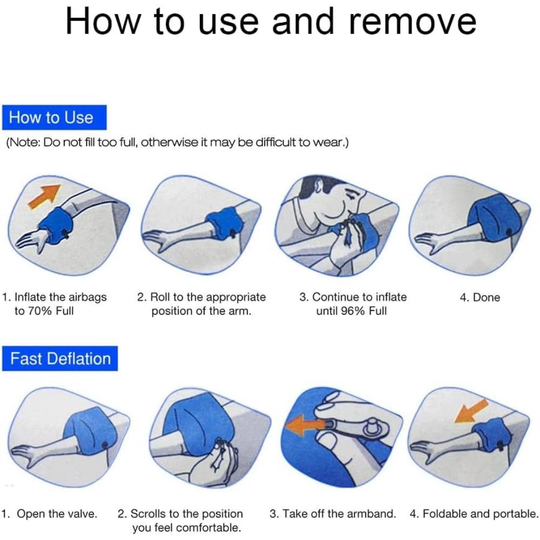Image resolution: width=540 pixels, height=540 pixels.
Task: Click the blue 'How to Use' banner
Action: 55,117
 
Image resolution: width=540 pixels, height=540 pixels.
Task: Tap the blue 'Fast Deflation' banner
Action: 60,359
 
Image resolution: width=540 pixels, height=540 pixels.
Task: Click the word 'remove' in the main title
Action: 413,22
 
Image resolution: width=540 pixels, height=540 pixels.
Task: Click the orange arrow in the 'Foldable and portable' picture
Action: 470,411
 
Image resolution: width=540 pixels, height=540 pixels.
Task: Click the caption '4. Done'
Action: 480,297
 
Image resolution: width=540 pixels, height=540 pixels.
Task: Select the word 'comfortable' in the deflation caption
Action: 210,528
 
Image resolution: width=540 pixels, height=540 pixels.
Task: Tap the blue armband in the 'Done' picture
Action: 492,220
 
